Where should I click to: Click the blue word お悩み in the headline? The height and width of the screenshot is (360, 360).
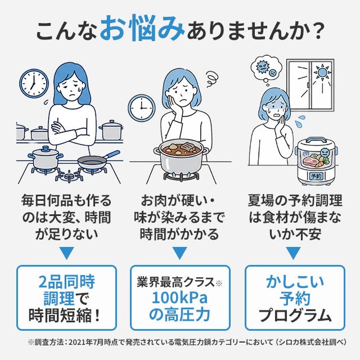click(142, 29)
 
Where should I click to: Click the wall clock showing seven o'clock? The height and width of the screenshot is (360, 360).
click(34, 83)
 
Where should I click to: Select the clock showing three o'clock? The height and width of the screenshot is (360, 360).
click(141, 108)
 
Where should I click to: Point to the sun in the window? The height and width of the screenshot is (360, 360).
click(322, 73)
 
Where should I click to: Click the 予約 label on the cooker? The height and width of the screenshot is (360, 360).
click(316, 176)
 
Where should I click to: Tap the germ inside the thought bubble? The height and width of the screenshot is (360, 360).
click(262, 66)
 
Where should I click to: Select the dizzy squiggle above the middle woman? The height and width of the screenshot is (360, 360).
click(211, 79)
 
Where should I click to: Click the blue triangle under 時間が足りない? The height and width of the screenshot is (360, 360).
click(66, 253)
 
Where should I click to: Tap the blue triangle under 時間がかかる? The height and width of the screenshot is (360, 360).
click(180, 253)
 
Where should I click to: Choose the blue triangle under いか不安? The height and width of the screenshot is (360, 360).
click(293, 253)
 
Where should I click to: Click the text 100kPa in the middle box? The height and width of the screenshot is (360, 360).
click(180, 298)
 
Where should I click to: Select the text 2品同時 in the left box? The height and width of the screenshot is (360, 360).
click(66, 281)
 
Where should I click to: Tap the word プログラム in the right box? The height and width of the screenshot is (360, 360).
click(295, 315)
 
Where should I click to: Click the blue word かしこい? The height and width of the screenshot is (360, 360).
click(295, 281)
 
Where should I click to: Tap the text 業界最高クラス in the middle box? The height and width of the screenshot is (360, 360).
click(175, 282)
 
